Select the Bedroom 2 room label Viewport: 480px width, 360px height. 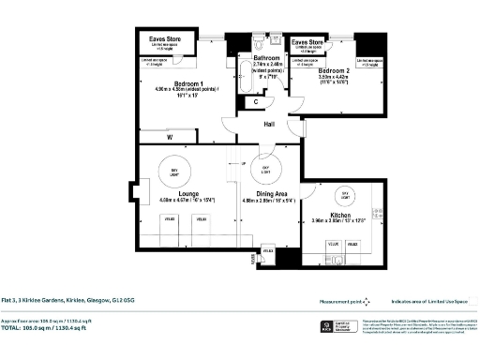tap(333, 71)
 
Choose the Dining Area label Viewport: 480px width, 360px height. tap(267, 193)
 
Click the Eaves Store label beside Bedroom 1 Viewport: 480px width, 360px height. tap(169, 39)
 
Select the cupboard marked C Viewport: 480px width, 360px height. tap(256, 100)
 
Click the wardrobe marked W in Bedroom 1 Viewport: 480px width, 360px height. tap(169, 137)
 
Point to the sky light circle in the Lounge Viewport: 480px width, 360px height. tap(174, 170)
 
